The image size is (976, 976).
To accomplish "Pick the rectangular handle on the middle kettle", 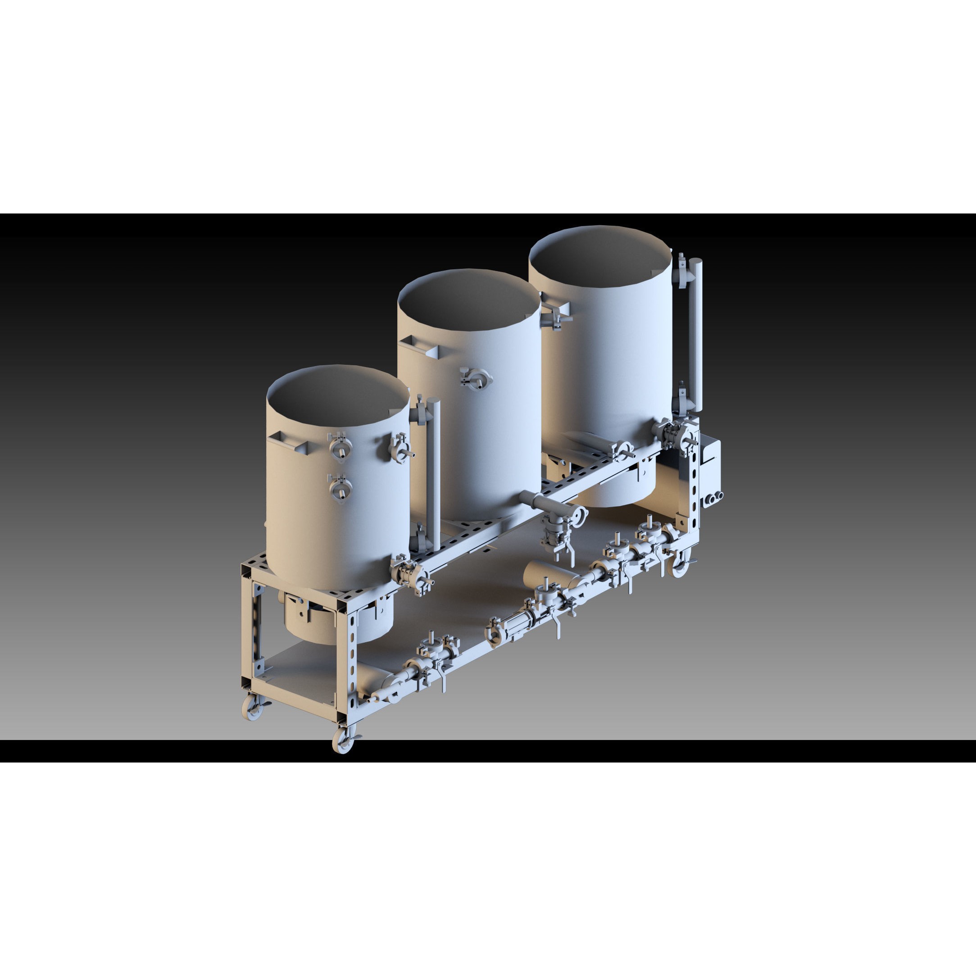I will pyautogui.click(x=419, y=343).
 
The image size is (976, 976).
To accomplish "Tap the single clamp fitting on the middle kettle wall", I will pyautogui.click(x=475, y=378).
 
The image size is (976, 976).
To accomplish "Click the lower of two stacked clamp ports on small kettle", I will pyautogui.click(x=340, y=487).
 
